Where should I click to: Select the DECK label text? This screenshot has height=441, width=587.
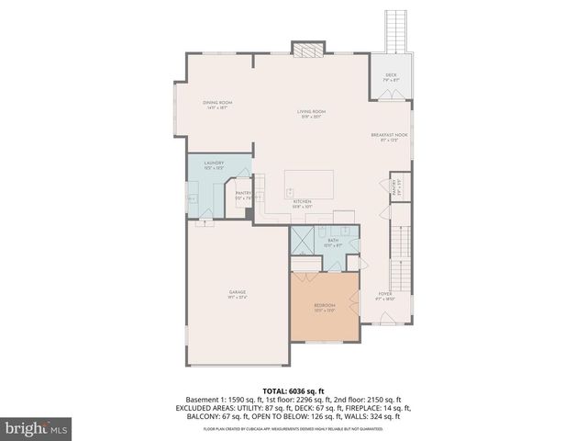click(391, 76)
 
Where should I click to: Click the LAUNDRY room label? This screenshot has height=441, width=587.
click(214, 164)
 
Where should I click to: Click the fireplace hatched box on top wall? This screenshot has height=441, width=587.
click(305, 48)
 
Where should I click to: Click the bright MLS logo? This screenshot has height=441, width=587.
click(37, 427)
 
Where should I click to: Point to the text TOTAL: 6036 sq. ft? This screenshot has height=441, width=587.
click(293, 390)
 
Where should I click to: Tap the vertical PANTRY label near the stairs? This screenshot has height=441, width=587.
click(397, 188)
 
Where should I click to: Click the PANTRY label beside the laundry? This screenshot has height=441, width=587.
click(243, 195)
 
